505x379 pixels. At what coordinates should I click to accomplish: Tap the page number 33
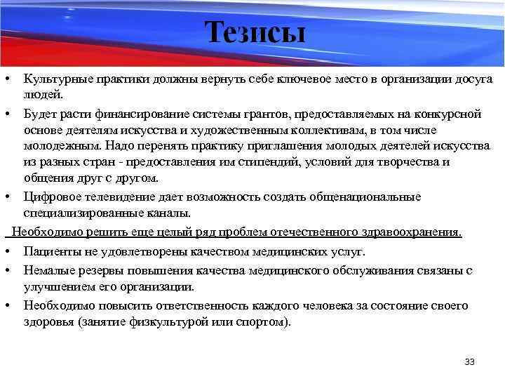469,361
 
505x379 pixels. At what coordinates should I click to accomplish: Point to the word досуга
472,80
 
